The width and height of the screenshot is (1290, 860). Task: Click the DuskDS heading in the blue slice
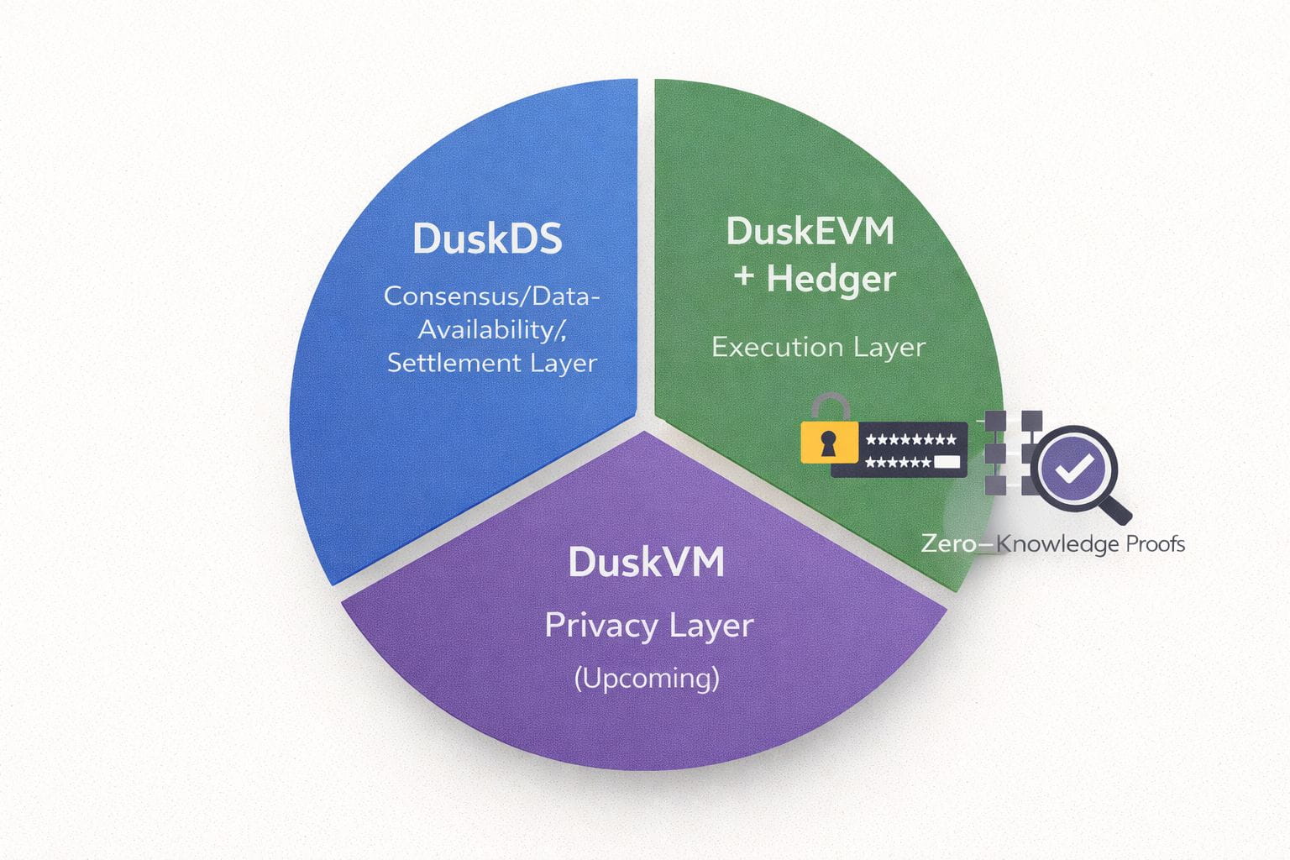[487, 239]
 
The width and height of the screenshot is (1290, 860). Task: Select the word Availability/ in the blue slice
[492, 329]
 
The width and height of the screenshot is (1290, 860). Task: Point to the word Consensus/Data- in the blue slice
[491, 296]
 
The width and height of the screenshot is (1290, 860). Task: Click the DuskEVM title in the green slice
[810, 232]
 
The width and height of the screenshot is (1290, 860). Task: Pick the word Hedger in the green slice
[831, 279]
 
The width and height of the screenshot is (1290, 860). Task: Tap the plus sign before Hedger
[744, 277]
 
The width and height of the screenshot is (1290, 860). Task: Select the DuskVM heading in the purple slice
[646, 562]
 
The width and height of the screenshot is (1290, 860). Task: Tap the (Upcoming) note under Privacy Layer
[647, 678]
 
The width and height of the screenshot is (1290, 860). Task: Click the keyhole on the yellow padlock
[829, 443]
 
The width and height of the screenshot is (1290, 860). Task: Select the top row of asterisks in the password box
[910, 439]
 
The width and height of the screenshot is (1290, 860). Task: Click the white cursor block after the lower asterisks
[947, 461]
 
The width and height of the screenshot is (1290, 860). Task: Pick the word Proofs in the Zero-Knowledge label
[1155, 544]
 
